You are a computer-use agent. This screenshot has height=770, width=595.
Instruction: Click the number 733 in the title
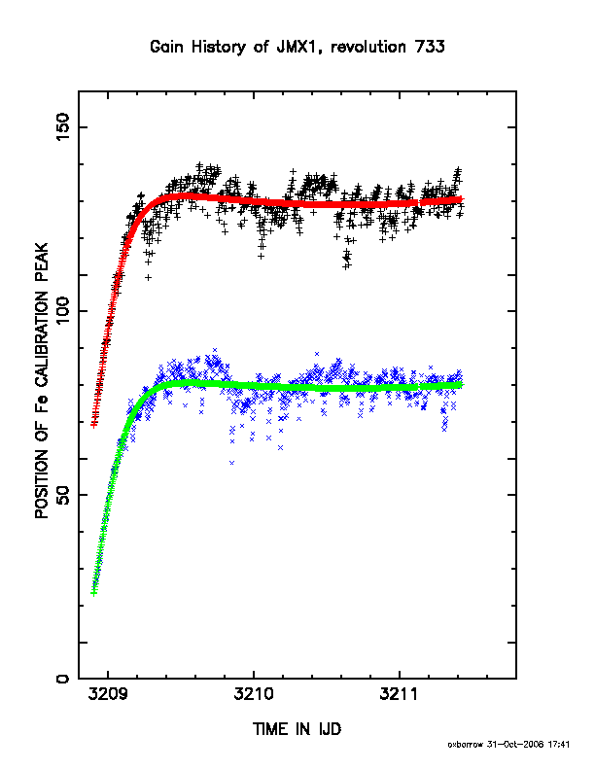[430, 47]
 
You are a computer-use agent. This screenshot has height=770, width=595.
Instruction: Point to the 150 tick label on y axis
[63, 126]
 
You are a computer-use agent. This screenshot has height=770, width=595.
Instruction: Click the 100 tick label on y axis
[63, 310]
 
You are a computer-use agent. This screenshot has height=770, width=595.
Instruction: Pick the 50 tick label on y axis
[63, 495]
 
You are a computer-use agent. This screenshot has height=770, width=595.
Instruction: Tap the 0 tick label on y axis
[63, 679]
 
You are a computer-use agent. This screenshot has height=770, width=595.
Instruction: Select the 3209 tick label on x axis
[109, 694]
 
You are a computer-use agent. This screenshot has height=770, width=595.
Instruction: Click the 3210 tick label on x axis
[254, 694]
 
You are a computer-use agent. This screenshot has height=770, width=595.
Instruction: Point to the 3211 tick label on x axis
[400, 694]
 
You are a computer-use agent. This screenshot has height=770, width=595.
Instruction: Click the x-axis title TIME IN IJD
[297, 729]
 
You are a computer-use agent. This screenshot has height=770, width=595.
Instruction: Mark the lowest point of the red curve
[93, 425]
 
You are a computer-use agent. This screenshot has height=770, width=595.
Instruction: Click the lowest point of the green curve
[93, 593]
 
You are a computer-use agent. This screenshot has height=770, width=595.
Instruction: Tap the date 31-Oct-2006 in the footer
[515, 745]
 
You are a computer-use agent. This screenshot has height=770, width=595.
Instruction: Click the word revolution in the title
[368, 47]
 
